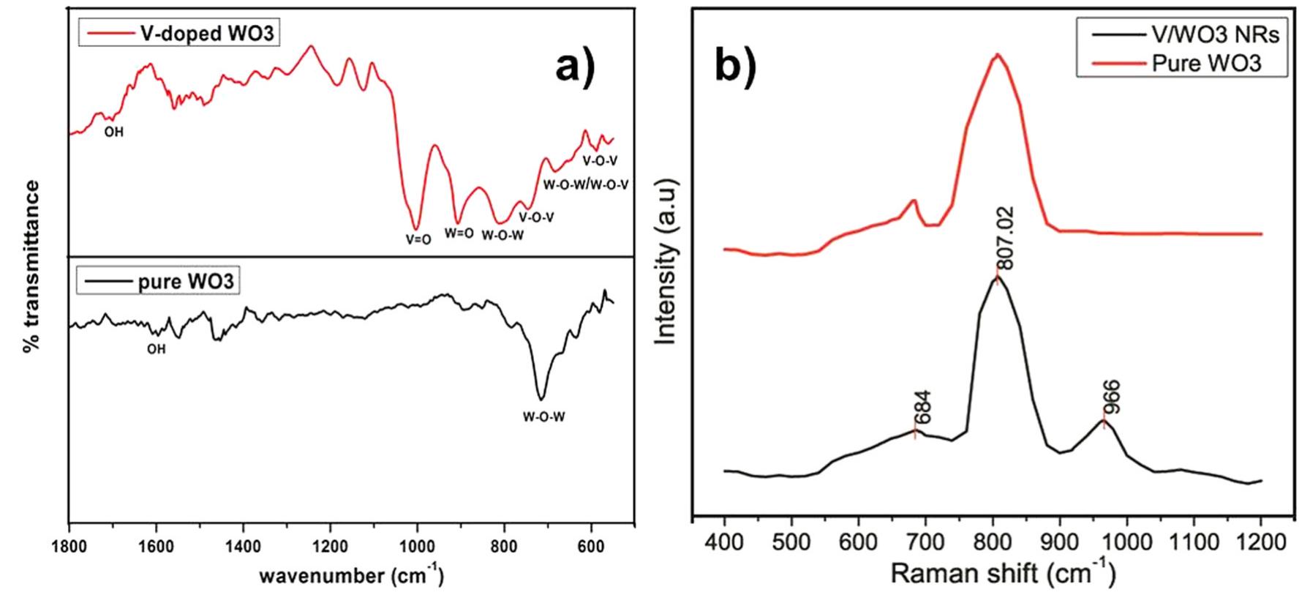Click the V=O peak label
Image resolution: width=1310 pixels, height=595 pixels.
418,239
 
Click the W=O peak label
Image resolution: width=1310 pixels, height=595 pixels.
459,234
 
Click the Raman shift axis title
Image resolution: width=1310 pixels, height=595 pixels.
1003,574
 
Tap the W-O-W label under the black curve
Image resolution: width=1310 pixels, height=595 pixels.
543,418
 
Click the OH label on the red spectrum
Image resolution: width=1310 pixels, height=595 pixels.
114,132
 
